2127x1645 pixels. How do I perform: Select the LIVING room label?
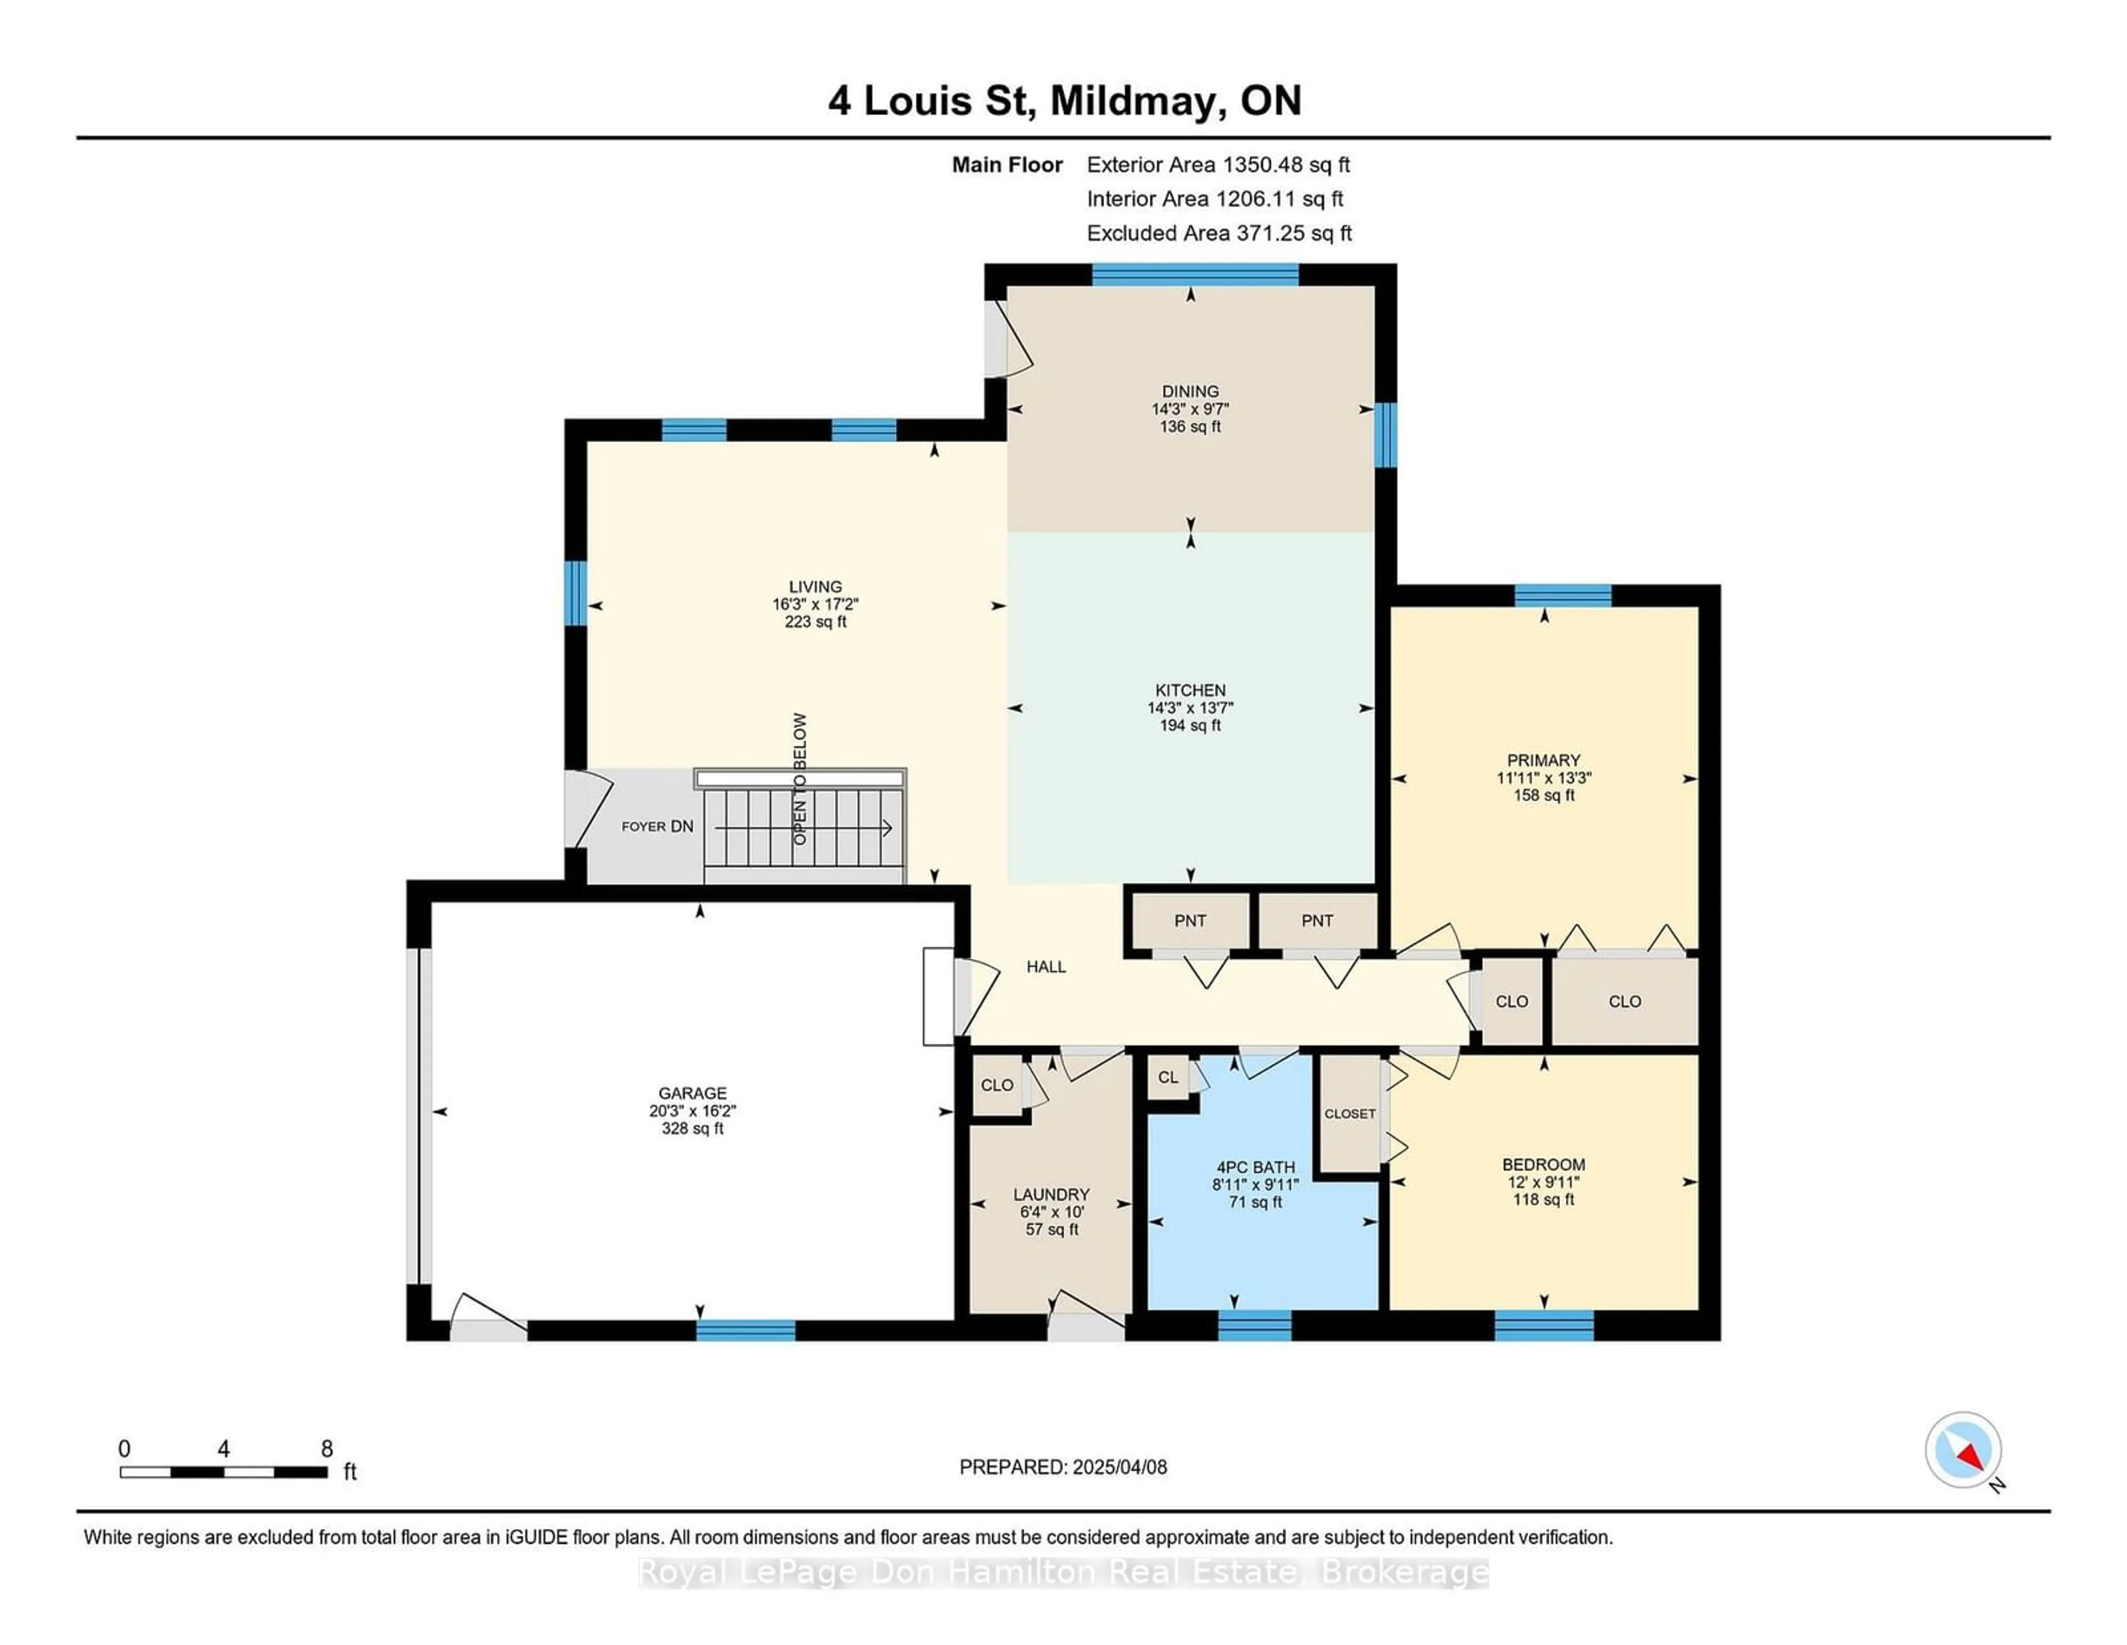(x=815, y=586)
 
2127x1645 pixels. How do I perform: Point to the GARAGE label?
(x=692, y=1093)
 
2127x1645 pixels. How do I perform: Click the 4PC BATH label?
(x=1255, y=1167)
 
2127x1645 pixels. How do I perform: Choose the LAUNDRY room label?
(x=1051, y=1194)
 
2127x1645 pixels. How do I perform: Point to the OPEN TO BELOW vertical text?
(x=800, y=779)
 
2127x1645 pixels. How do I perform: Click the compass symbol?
(x=1964, y=1450)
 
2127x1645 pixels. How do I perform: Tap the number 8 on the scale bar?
(x=327, y=1448)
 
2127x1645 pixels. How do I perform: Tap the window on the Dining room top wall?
(x=1195, y=275)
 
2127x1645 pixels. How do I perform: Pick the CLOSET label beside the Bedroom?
(x=1350, y=1113)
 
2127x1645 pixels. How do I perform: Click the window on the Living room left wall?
(x=576, y=593)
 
